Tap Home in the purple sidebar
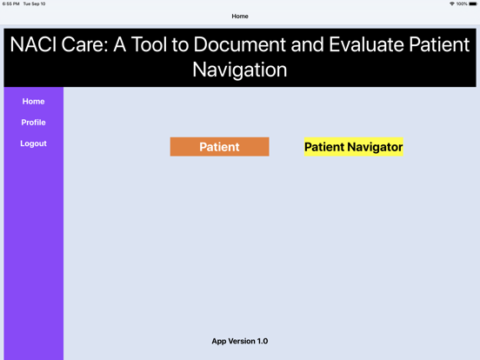click(x=33, y=102)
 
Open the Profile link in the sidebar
click(x=33, y=123)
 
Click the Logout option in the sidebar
click(x=33, y=143)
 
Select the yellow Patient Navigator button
click(x=353, y=147)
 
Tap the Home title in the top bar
click(x=240, y=17)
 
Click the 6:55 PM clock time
click(x=11, y=3)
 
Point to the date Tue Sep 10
click(x=35, y=3)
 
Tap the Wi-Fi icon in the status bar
click(x=452, y=3)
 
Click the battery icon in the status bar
click(x=473, y=3)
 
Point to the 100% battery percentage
click(x=462, y=3)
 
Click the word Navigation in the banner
click(x=240, y=70)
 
